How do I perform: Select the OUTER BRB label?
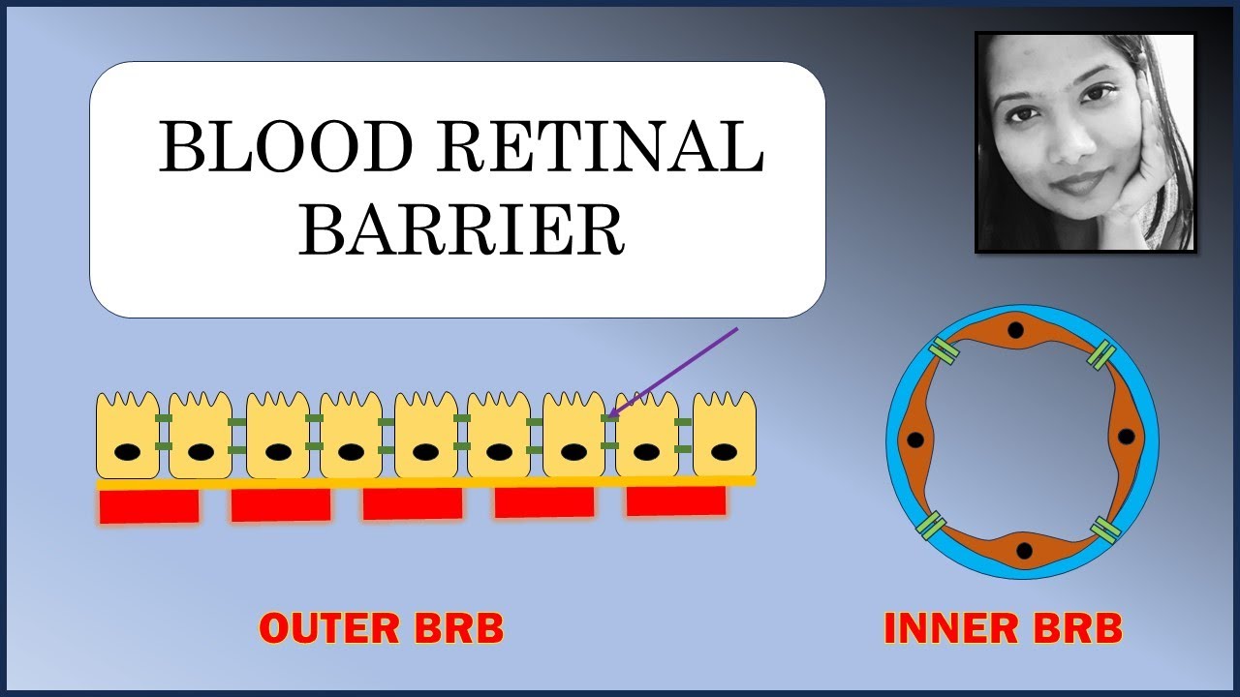tap(382, 629)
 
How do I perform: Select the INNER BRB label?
tap(1003, 629)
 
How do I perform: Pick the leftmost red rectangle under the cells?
tap(149, 505)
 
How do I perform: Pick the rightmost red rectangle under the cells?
tap(676, 501)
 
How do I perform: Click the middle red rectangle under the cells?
tap(413, 503)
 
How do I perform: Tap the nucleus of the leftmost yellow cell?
tap(127, 451)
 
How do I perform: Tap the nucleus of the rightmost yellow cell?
tap(724, 451)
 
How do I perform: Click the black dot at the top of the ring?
tap(1015, 330)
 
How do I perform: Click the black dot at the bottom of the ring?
tap(1024, 551)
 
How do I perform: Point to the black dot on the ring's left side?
tap(914, 440)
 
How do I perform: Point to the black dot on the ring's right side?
tap(1126, 437)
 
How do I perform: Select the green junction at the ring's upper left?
tap(943, 352)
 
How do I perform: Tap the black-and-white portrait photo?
tap(1085, 142)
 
